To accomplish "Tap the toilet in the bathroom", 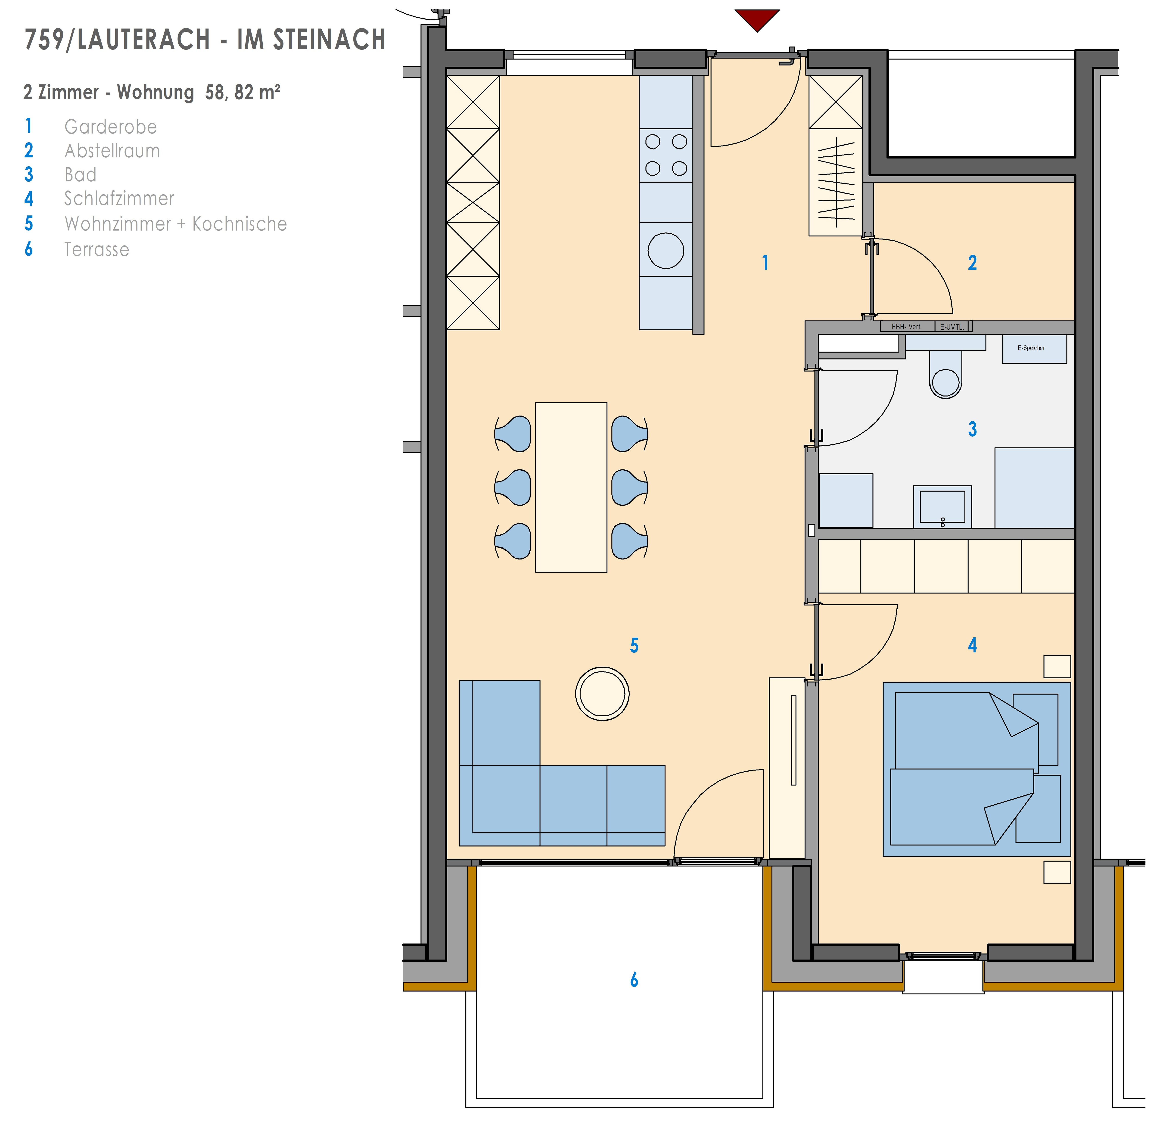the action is tap(945, 374).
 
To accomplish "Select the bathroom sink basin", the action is tap(942, 507).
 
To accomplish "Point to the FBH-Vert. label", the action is tap(906, 326).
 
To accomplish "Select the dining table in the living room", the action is tap(571, 487).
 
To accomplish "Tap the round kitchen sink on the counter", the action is tap(666, 250).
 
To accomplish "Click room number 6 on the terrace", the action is tap(634, 980).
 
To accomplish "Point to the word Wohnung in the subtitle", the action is tap(156, 93).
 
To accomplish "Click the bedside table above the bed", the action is tap(1057, 667).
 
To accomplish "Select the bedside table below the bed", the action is tap(1057, 872).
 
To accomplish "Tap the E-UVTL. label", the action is tap(952, 326).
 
